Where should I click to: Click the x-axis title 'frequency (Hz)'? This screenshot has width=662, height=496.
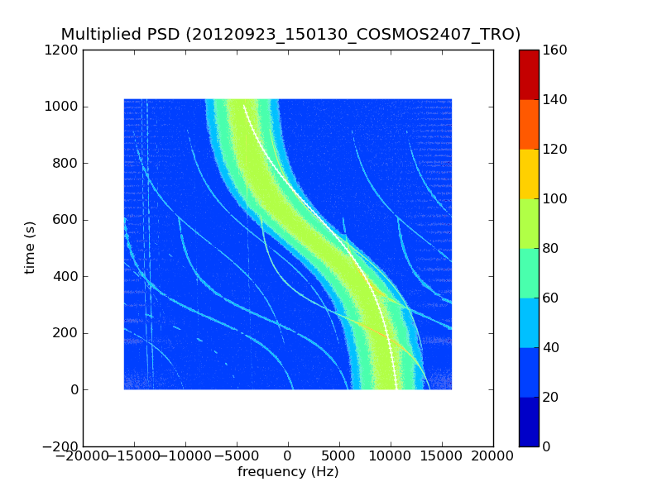click(288, 472)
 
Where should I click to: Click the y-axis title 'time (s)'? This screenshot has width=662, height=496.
click(31, 247)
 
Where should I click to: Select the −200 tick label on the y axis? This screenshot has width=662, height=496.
click(59, 446)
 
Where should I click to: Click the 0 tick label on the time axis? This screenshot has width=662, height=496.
click(73, 390)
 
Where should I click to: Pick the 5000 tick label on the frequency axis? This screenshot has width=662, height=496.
click(339, 456)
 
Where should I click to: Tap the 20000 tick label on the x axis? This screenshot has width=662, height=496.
click(493, 456)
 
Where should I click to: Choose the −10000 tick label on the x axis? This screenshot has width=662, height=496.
click(186, 456)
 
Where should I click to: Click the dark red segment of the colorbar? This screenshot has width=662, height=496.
click(529, 74)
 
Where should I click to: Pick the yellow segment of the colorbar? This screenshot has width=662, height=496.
click(529, 174)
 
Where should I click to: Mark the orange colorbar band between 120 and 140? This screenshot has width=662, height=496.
click(529, 124)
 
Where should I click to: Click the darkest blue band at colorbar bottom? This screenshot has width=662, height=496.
click(529, 422)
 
